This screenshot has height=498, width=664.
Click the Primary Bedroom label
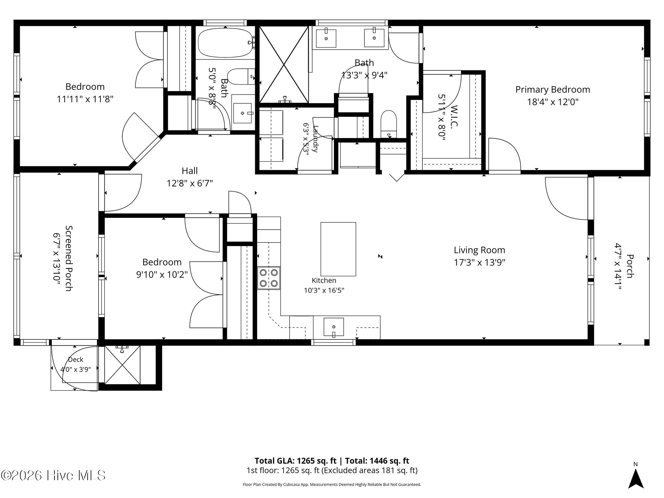[x=552, y=89]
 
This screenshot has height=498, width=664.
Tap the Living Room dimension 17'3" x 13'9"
[x=479, y=262]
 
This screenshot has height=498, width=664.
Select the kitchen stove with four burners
[x=269, y=278]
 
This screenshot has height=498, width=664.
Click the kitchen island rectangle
[x=338, y=249]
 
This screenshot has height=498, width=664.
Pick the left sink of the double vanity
[x=326, y=38]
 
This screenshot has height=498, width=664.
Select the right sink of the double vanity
[x=374, y=38]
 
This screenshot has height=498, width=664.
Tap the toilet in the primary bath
[x=388, y=124]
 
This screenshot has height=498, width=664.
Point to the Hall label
[x=190, y=171]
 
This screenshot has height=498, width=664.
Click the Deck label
[x=76, y=360]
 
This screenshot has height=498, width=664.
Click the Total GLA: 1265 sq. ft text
[x=296, y=461]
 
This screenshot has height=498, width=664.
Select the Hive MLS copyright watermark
[x=53, y=476]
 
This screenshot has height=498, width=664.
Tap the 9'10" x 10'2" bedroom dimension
[x=162, y=275]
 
